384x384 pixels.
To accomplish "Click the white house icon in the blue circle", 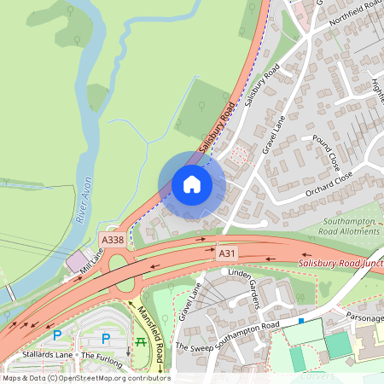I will [x=192, y=184].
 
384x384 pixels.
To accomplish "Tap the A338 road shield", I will [x=113, y=241].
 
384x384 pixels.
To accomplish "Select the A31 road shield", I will [x=226, y=253].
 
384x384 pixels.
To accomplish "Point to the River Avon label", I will [x=84, y=200].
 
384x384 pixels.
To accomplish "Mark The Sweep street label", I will [x=193, y=346].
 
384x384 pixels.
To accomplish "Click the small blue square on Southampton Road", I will [x=300, y=321].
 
